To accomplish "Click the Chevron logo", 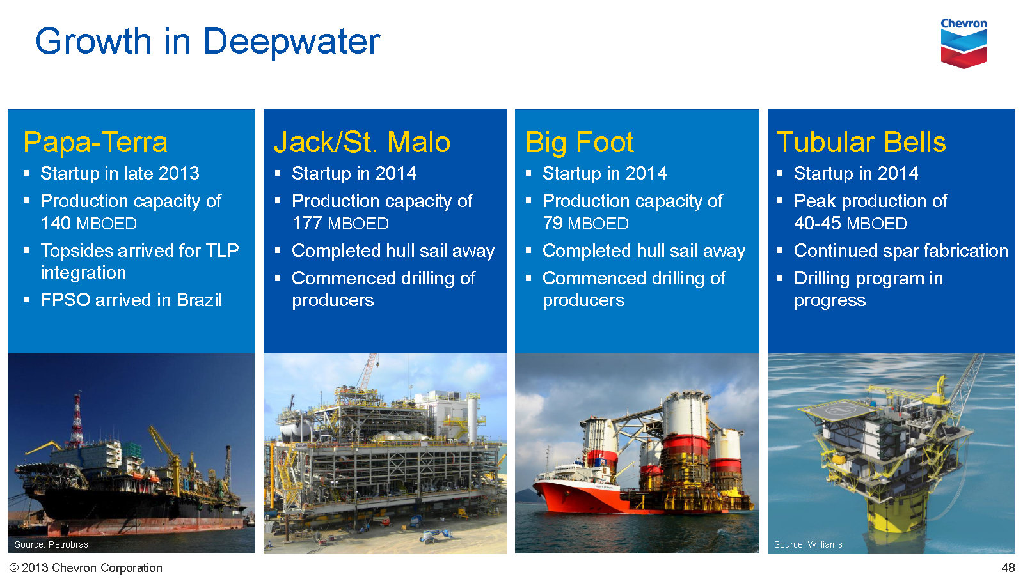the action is (x=964, y=43).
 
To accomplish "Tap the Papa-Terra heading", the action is (x=95, y=142).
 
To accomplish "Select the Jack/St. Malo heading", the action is (x=362, y=142).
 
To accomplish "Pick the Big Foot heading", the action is (x=580, y=142).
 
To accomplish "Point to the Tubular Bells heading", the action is (x=861, y=142).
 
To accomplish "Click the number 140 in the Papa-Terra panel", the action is (x=55, y=224).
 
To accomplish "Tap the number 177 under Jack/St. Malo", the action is (x=307, y=224).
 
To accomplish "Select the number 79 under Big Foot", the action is (x=553, y=224).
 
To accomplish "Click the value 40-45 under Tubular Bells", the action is (x=818, y=224).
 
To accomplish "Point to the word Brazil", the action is (x=199, y=300).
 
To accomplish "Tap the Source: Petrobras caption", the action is (x=51, y=544).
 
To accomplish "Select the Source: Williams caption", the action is (x=808, y=544).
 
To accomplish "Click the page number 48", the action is (x=1008, y=567).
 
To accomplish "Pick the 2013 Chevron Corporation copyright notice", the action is (x=86, y=567).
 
